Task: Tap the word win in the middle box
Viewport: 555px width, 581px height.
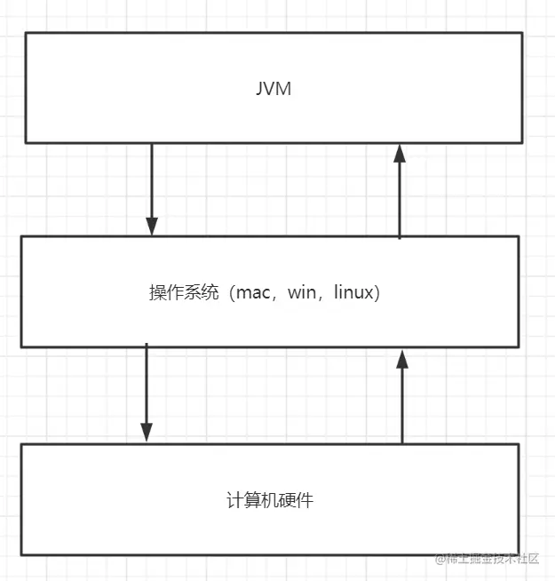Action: click(x=302, y=293)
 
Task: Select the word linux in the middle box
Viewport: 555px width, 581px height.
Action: click(x=353, y=293)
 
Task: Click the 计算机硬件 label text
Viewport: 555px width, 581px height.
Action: click(x=270, y=500)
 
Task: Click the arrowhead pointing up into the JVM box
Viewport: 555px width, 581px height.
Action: click(x=400, y=153)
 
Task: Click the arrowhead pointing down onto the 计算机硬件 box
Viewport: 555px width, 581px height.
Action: click(x=147, y=432)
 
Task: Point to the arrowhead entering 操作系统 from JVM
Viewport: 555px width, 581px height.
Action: click(x=152, y=226)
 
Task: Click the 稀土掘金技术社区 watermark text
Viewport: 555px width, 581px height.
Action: click(x=493, y=558)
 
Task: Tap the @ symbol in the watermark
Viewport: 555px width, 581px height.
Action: click(x=440, y=558)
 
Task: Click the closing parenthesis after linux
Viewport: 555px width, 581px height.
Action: click(x=378, y=293)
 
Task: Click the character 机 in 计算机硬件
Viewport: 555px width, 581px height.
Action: click(x=270, y=500)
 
